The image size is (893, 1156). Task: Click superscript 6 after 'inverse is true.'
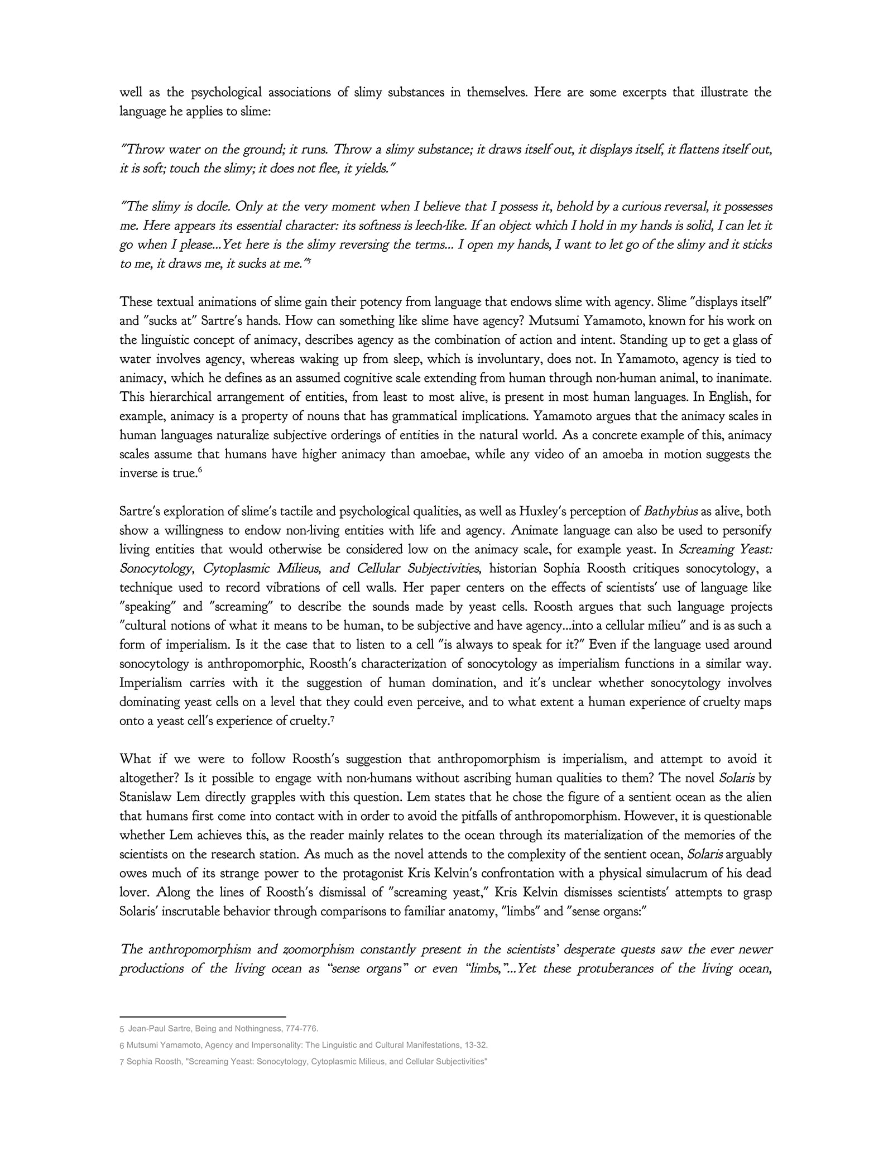200,470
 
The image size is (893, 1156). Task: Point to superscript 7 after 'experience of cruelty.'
332,718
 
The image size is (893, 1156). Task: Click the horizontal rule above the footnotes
203,1017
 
